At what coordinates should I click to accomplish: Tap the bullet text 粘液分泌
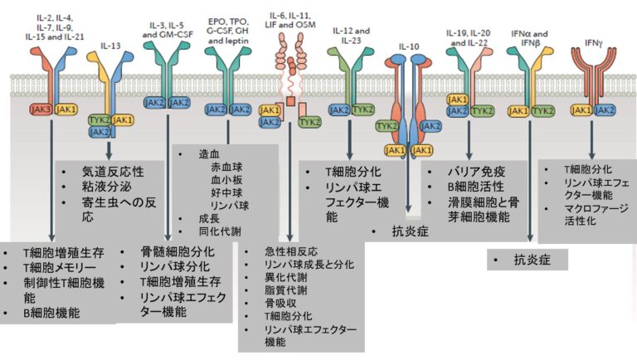tap(105, 187)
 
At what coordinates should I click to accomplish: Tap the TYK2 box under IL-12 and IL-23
tap(362, 109)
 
